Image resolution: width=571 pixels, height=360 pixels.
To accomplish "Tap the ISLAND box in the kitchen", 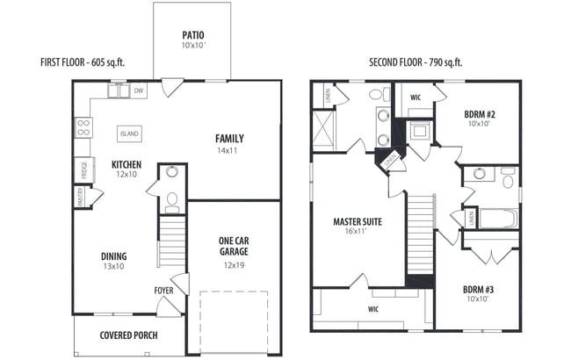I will tap(129, 133).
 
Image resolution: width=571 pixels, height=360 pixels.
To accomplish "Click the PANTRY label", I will tap(80, 198).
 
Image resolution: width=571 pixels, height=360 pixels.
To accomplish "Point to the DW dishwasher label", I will tap(139, 90).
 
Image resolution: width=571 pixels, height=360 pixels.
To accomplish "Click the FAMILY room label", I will tap(229, 138).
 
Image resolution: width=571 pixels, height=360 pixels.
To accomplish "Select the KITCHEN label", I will tap(127, 164).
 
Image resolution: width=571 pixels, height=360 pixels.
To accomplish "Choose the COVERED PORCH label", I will tap(127, 335).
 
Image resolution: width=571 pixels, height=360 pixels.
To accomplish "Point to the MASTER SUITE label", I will tap(358, 222).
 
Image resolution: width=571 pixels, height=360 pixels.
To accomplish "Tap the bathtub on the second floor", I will tap(495, 216).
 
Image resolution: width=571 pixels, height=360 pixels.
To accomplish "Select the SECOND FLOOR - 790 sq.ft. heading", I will tap(416, 62).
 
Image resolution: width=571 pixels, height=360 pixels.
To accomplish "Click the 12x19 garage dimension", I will tap(234, 264).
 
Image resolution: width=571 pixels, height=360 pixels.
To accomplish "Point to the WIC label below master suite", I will tap(372, 309).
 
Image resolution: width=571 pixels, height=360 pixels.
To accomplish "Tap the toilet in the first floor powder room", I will tap(172, 199).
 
